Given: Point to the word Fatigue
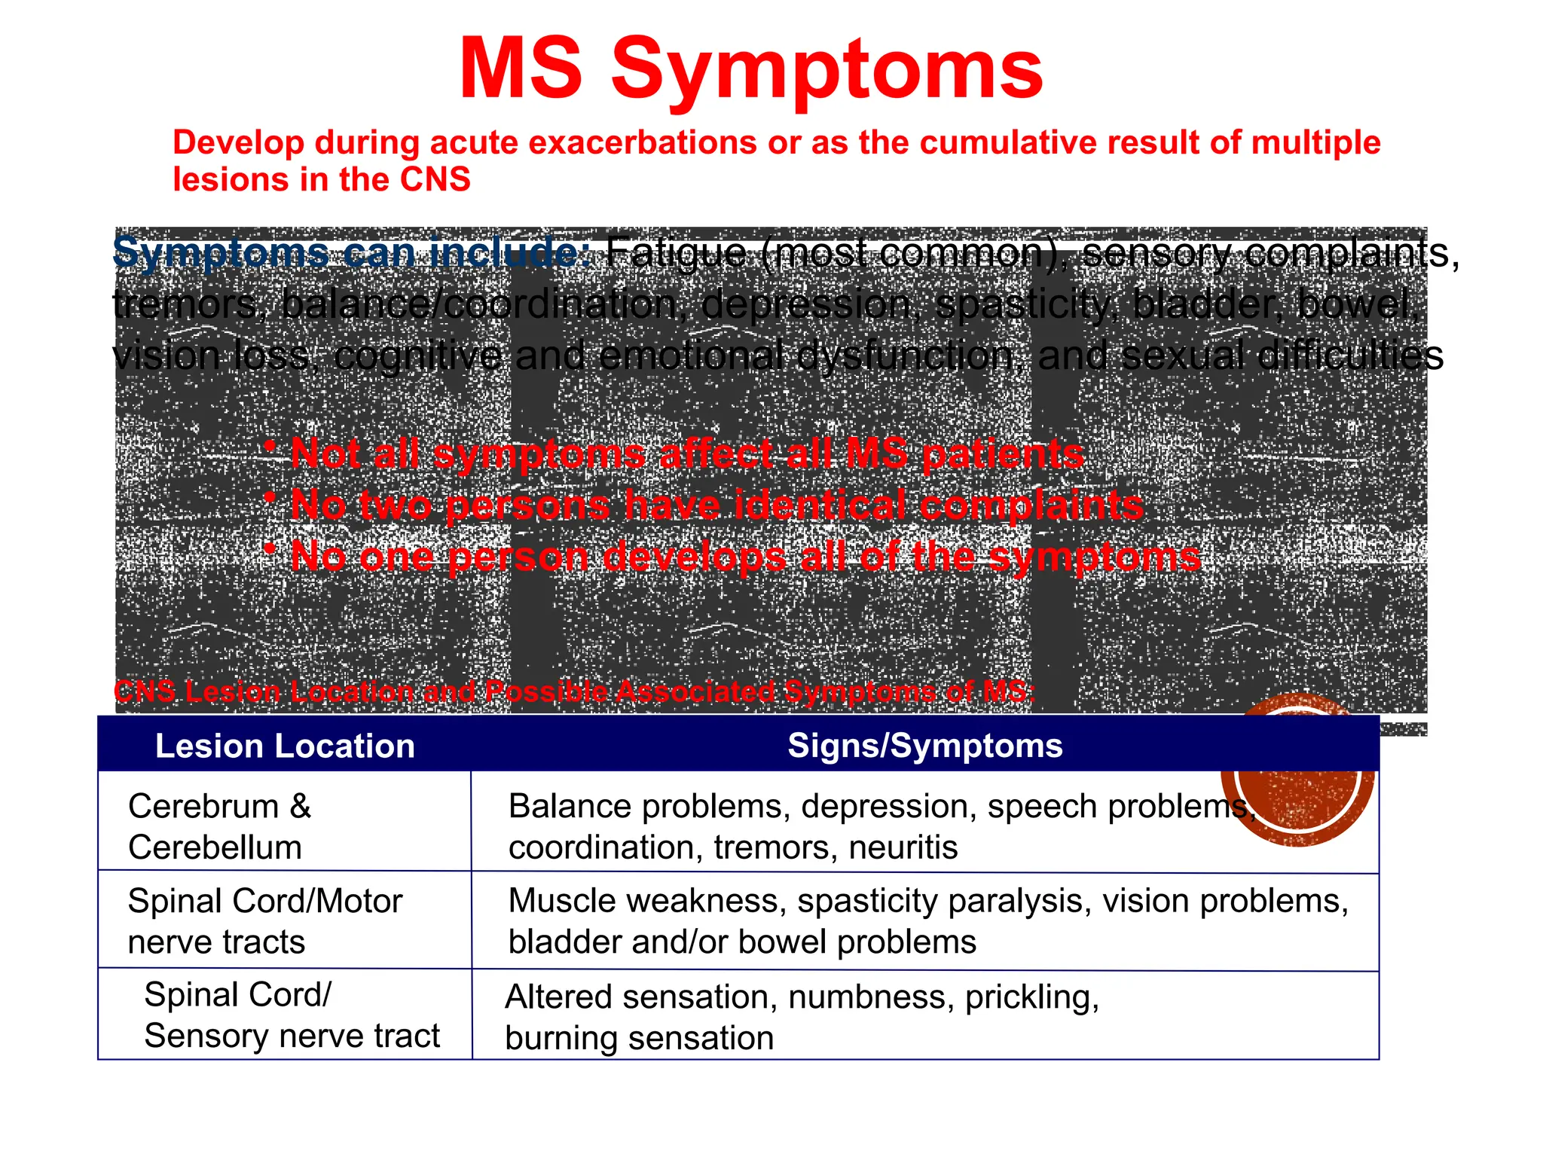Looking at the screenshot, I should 675,252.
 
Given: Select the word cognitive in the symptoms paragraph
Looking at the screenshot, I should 417,355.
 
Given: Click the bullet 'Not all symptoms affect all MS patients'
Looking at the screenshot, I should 686,454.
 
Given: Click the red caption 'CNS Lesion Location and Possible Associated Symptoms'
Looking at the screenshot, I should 573,691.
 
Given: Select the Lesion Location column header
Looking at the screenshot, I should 285,746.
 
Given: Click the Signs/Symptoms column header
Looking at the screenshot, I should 924,745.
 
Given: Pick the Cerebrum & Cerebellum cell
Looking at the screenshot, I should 218,826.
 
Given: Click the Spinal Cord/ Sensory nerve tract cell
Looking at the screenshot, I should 291,1015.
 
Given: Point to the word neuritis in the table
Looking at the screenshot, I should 903,847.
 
